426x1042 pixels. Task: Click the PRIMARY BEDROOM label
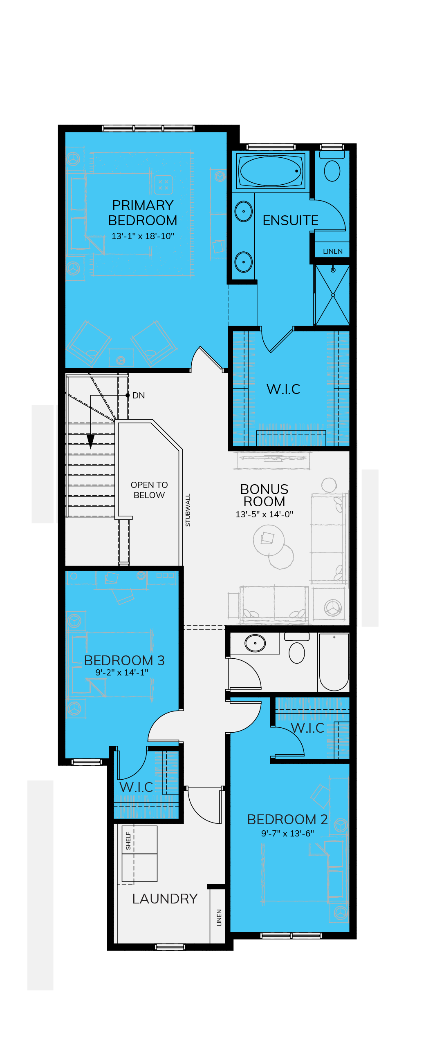pos(143,212)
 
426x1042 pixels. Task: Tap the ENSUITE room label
pos(290,221)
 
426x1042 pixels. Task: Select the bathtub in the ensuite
pos(271,171)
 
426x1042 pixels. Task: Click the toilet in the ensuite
pos(332,166)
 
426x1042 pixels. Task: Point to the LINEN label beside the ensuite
pos(333,251)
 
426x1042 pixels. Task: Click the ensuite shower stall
pos(332,295)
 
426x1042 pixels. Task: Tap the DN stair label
pos(139,396)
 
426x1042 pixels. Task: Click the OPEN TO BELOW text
pos(149,490)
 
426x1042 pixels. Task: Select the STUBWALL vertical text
pos(188,510)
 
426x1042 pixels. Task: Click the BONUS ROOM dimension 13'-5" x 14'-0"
pos(264,514)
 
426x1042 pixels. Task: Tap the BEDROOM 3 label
pos(124,660)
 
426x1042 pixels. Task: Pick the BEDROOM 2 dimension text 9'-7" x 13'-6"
pos(287,833)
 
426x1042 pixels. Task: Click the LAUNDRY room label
pos(165,899)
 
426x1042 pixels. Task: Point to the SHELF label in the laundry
pos(128,841)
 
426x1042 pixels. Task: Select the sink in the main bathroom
pos(255,643)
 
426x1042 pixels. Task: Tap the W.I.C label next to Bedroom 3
pos(136,787)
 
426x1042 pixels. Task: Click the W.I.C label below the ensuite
pos(283,389)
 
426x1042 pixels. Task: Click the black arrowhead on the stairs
pos(91,442)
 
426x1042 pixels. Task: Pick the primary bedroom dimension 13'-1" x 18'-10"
pos(143,236)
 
